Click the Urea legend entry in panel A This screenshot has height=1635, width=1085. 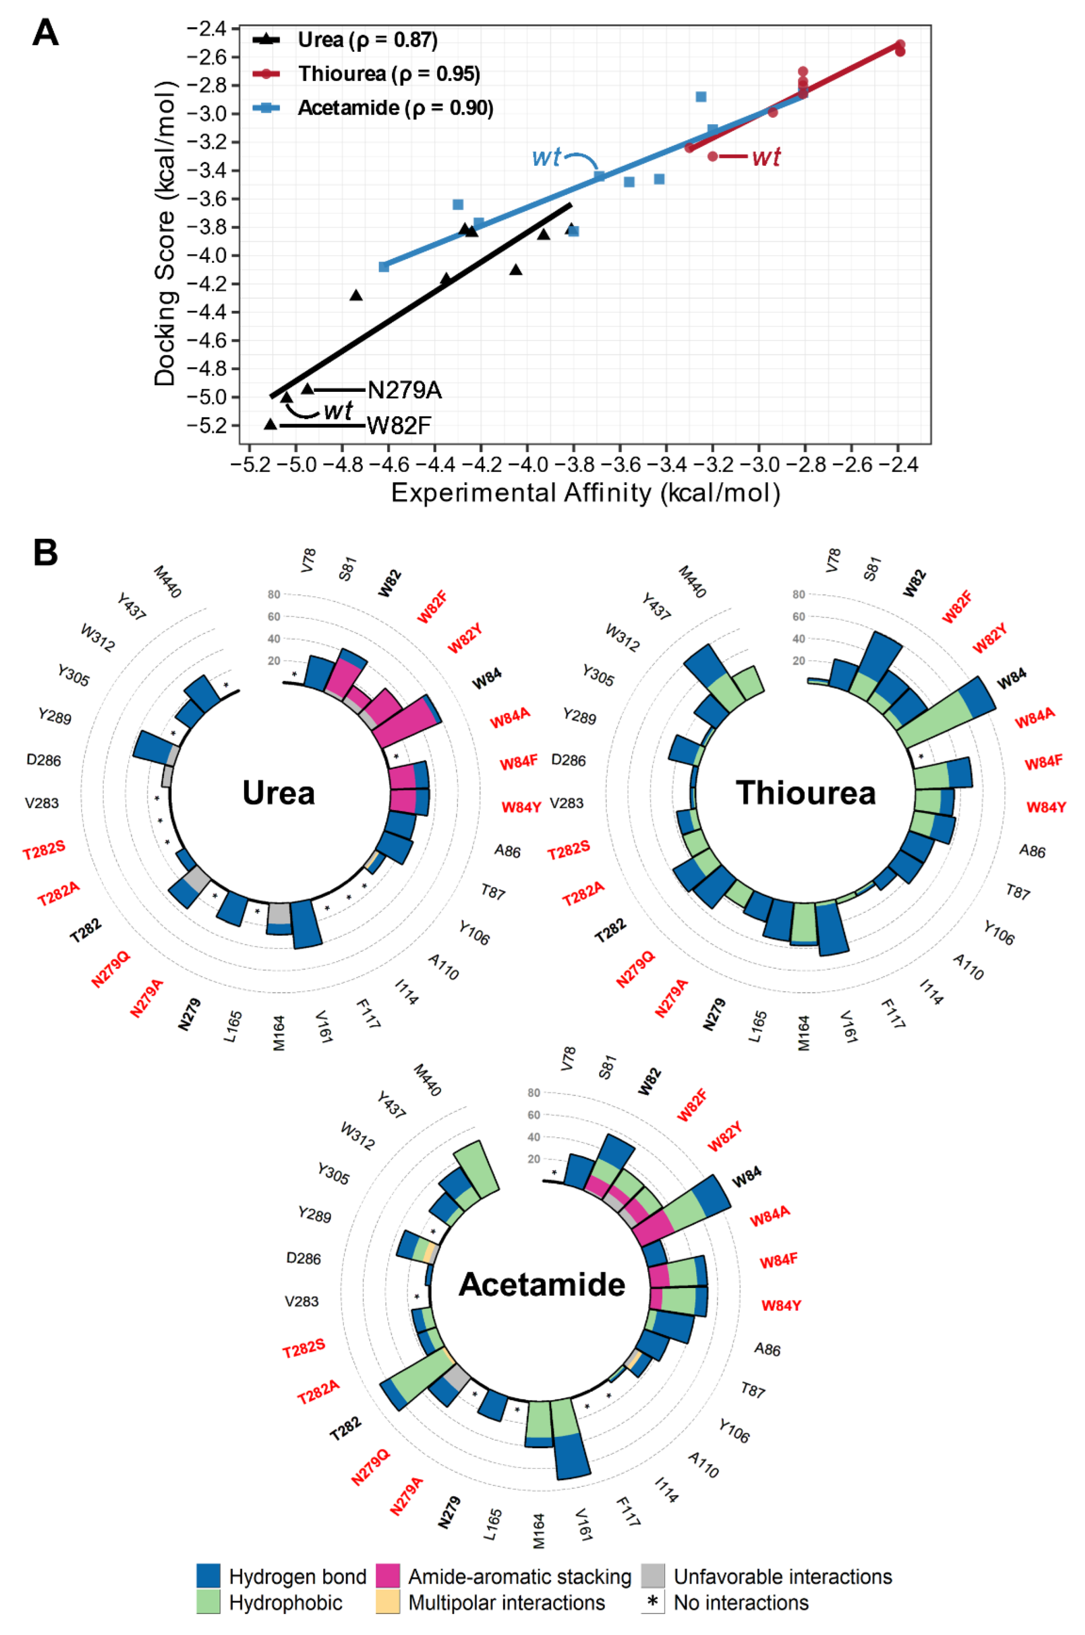point(367,40)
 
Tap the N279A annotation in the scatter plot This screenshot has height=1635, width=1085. point(404,390)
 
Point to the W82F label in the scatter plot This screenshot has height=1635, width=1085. point(399,425)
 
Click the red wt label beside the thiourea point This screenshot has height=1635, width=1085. point(766,157)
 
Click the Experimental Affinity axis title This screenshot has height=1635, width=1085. point(585,493)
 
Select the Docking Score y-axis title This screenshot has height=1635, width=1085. point(165,234)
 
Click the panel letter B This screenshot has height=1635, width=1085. point(46,553)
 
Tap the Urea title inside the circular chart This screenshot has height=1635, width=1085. point(278,793)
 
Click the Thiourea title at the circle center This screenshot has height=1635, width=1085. point(805,793)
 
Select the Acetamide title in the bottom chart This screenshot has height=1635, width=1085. point(542,1285)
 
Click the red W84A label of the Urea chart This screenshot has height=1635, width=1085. point(510,718)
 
